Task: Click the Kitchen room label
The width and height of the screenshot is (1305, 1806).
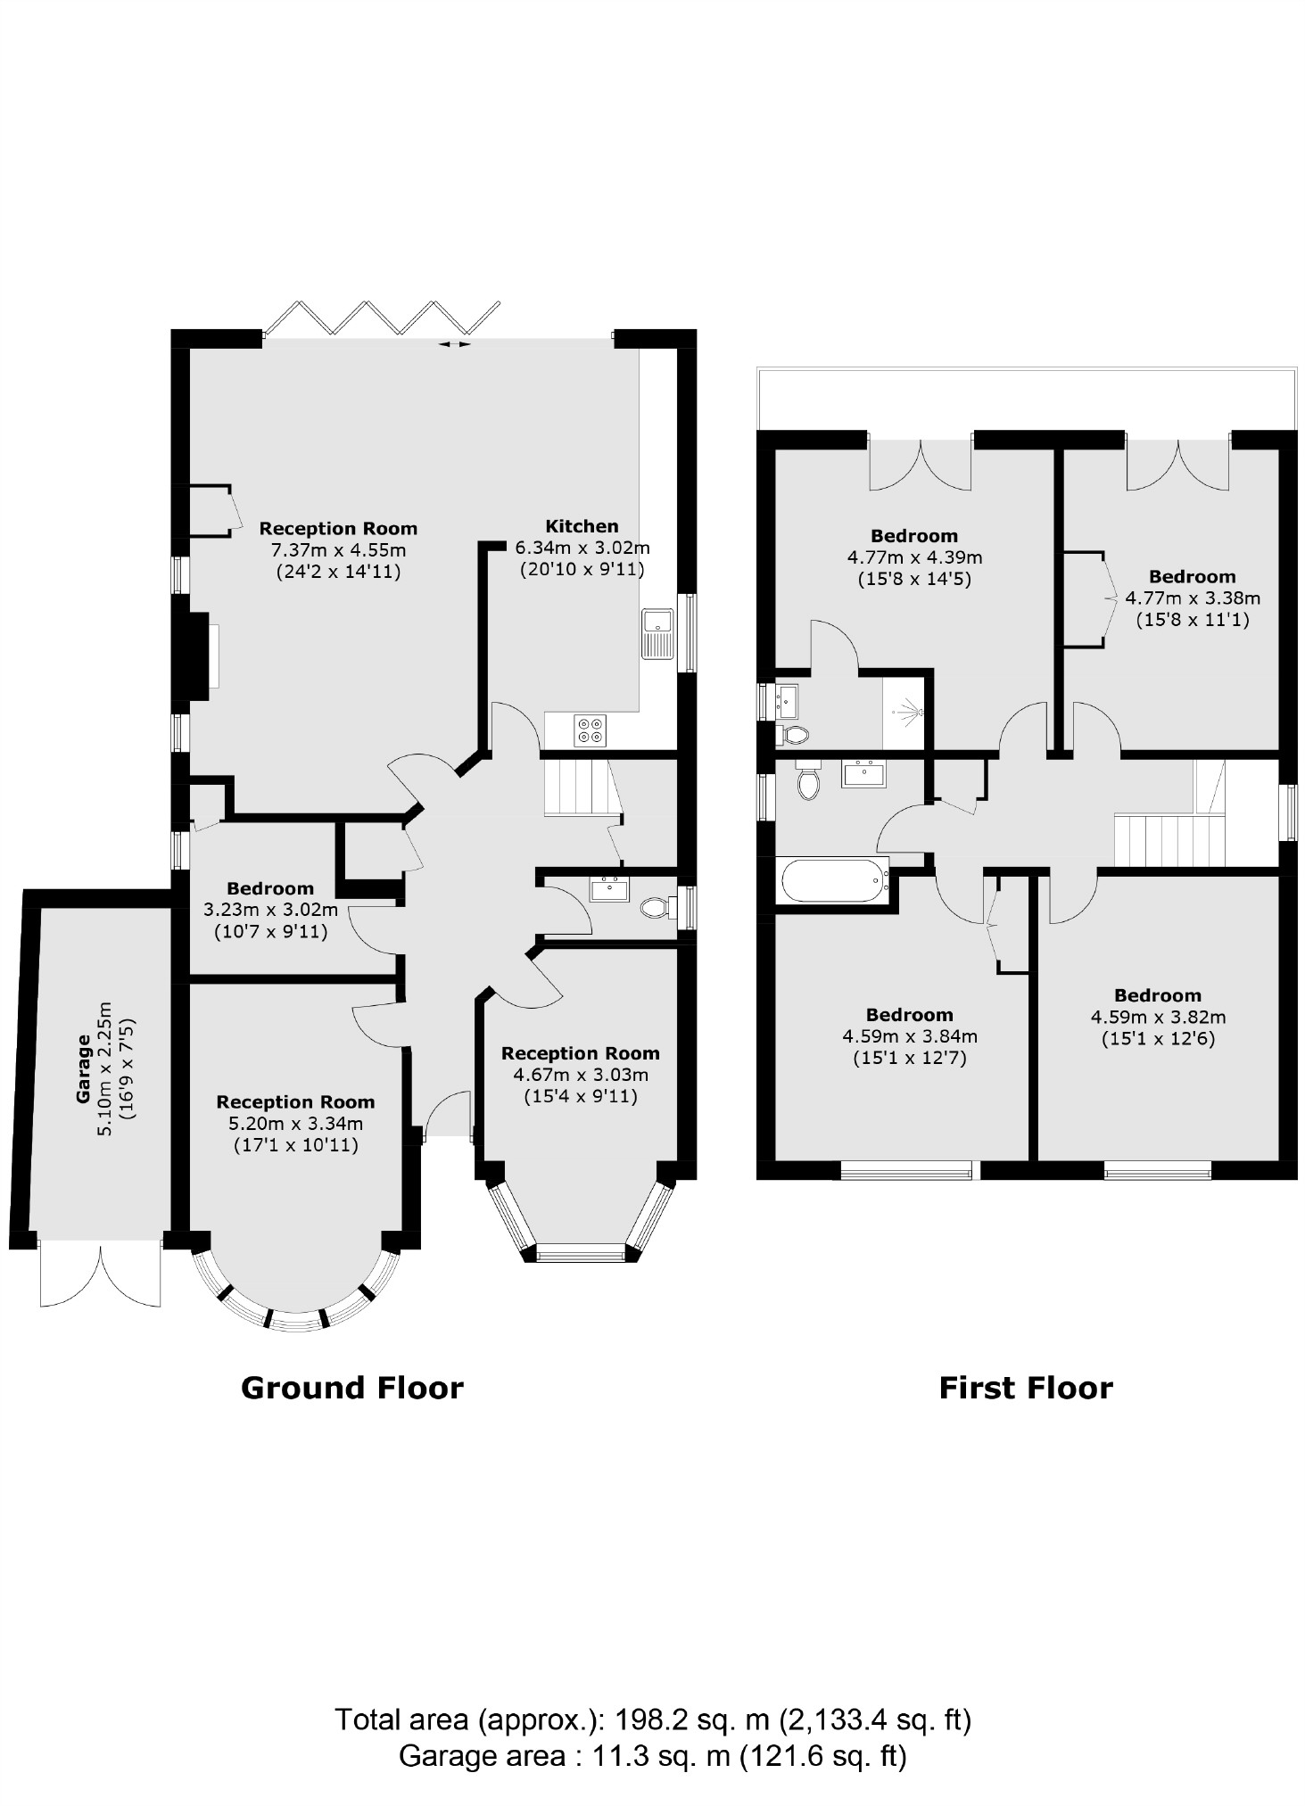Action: tap(582, 526)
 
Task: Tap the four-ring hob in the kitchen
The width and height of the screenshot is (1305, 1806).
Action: tap(590, 730)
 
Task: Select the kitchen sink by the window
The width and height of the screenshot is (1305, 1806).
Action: tap(657, 634)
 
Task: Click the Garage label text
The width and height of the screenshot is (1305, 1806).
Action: tap(83, 1081)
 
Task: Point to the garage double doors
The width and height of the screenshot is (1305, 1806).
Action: tap(101, 1275)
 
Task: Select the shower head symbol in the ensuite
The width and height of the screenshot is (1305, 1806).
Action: tap(909, 712)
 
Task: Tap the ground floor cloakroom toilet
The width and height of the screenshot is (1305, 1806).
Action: tap(656, 908)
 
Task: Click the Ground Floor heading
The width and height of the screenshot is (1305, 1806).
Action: tap(352, 1388)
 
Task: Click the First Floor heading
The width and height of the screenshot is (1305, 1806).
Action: tap(1026, 1388)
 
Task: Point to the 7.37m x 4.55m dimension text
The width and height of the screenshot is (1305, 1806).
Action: tap(338, 550)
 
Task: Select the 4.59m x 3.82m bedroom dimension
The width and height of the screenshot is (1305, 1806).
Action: tap(1158, 1017)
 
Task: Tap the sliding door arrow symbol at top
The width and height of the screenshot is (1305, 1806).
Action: tap(455, 344)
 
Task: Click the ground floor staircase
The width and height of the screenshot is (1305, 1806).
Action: tap(580, 787)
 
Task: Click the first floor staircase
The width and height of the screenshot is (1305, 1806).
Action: tap(1169, 838)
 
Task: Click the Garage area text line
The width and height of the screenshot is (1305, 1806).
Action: tap(652, 1755)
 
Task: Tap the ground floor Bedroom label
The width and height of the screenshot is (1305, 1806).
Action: tap(270, 888)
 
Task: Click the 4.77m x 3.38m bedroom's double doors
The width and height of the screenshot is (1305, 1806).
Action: tap(1178, 464)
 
